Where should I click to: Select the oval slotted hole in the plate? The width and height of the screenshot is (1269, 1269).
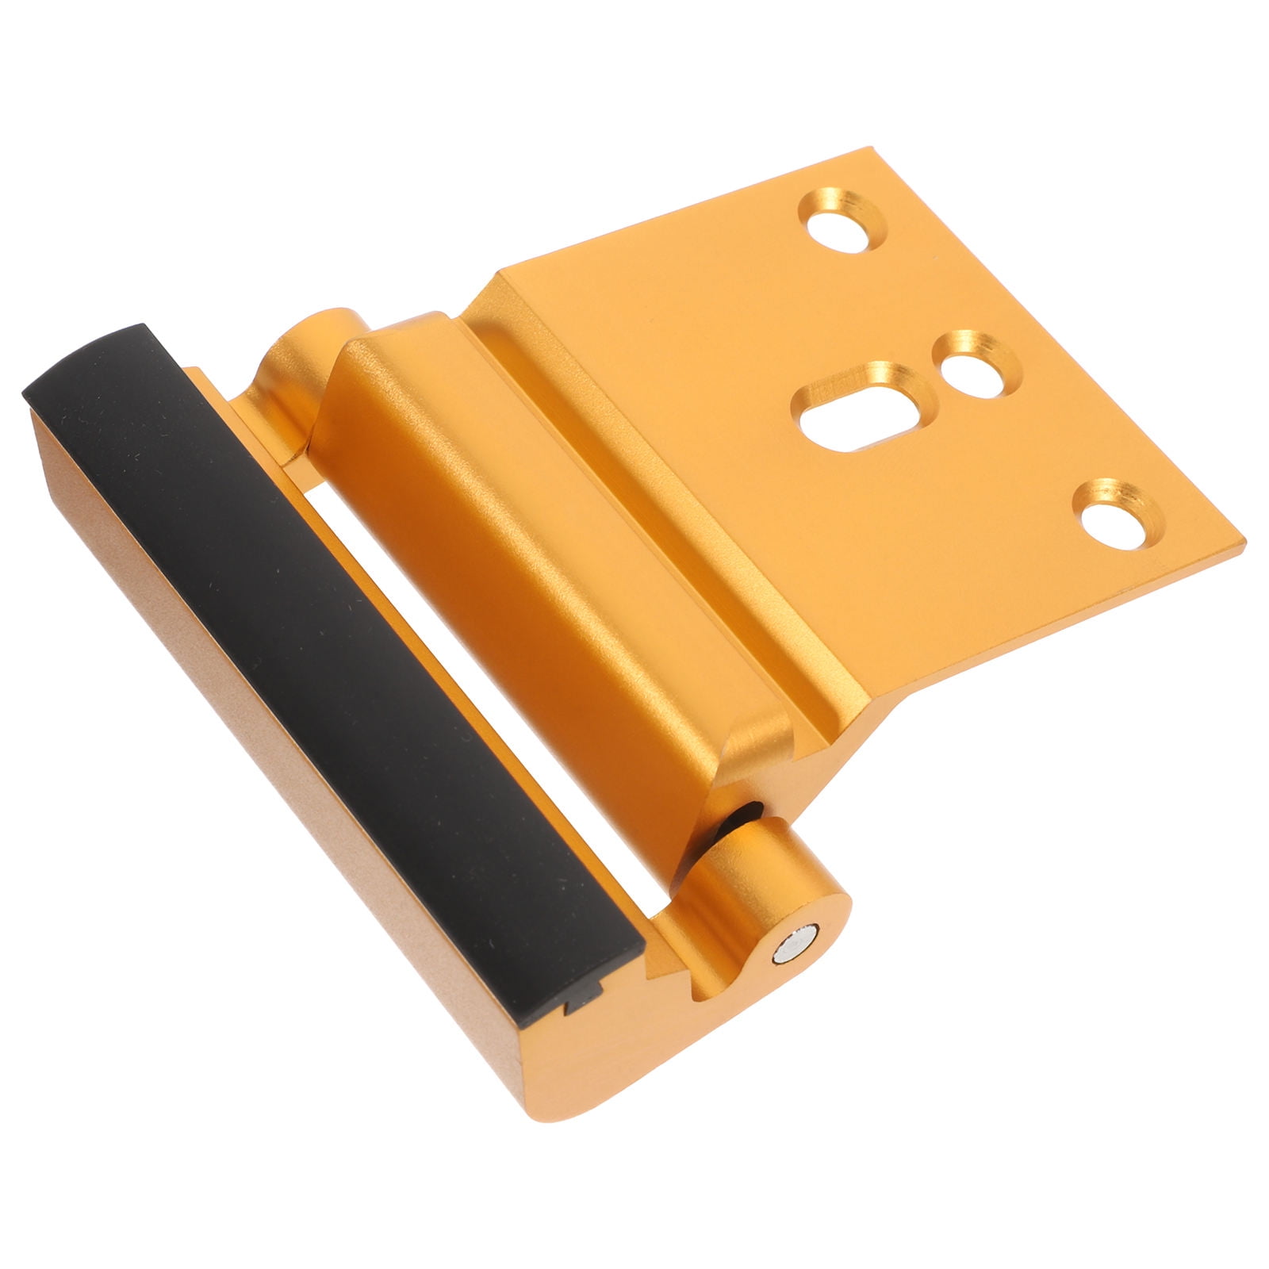tap(861, 409)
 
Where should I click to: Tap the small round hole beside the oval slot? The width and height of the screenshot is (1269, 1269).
tap(976, 366)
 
